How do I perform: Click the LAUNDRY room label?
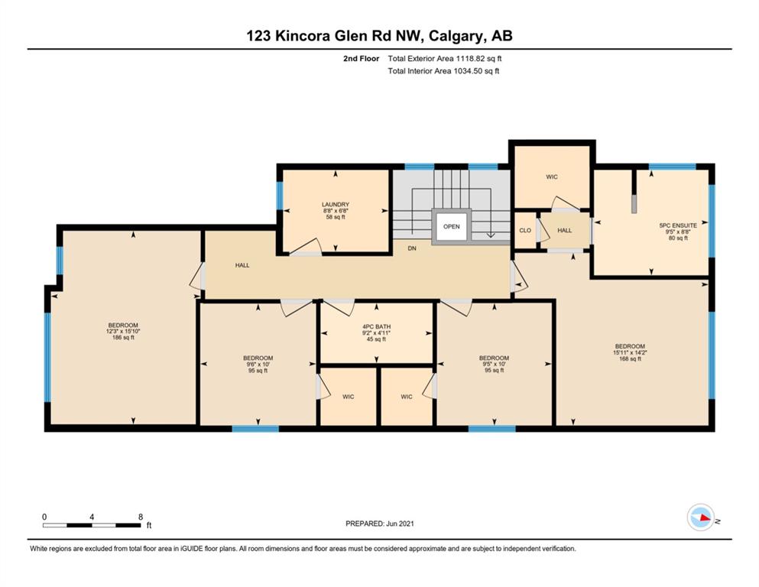[x=336, y=205]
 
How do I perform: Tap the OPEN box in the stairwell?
[x=452, y=226]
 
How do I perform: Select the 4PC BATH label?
[x=376, y=326]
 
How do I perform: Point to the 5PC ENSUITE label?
[x=678, y=225]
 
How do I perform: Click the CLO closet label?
[x=525, y=230]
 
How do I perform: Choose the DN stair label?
[x=412, y=248]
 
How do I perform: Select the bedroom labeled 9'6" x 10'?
[x=258, y=364]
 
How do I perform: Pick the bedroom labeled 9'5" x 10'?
[x=495, y=364]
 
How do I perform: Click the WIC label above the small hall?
[x=552, y=177]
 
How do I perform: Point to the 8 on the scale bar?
[x=141, y=517]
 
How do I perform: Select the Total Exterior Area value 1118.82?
[x=468, y=59]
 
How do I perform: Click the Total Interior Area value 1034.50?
[x=465, y=71]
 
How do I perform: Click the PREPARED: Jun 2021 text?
[x=379, y=524]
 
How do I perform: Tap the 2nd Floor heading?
[x=361, y=59]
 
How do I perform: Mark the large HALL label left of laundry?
[x=242, y=265]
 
